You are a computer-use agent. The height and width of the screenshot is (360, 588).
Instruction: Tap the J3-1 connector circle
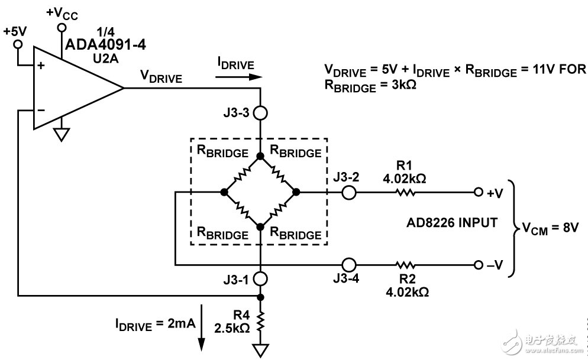[x=260, y=277]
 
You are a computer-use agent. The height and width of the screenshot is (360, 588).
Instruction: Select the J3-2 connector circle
[x=349, y=192]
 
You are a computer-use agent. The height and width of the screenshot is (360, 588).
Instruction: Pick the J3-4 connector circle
[x=349, y=264]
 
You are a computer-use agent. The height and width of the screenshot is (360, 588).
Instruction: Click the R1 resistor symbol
[x=405, y=192]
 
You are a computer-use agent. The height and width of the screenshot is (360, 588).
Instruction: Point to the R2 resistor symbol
[x=405, y=264]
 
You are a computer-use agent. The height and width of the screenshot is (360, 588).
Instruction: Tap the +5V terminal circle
[x=18, y=44]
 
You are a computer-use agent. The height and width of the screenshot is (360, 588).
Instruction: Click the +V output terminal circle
[x=477, y=192]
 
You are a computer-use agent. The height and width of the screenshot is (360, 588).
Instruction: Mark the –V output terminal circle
[x=477, y=264]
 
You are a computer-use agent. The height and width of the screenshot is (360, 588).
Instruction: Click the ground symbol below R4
[x=260, y=351]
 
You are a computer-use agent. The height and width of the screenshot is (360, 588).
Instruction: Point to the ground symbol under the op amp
[x=60, y=135]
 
